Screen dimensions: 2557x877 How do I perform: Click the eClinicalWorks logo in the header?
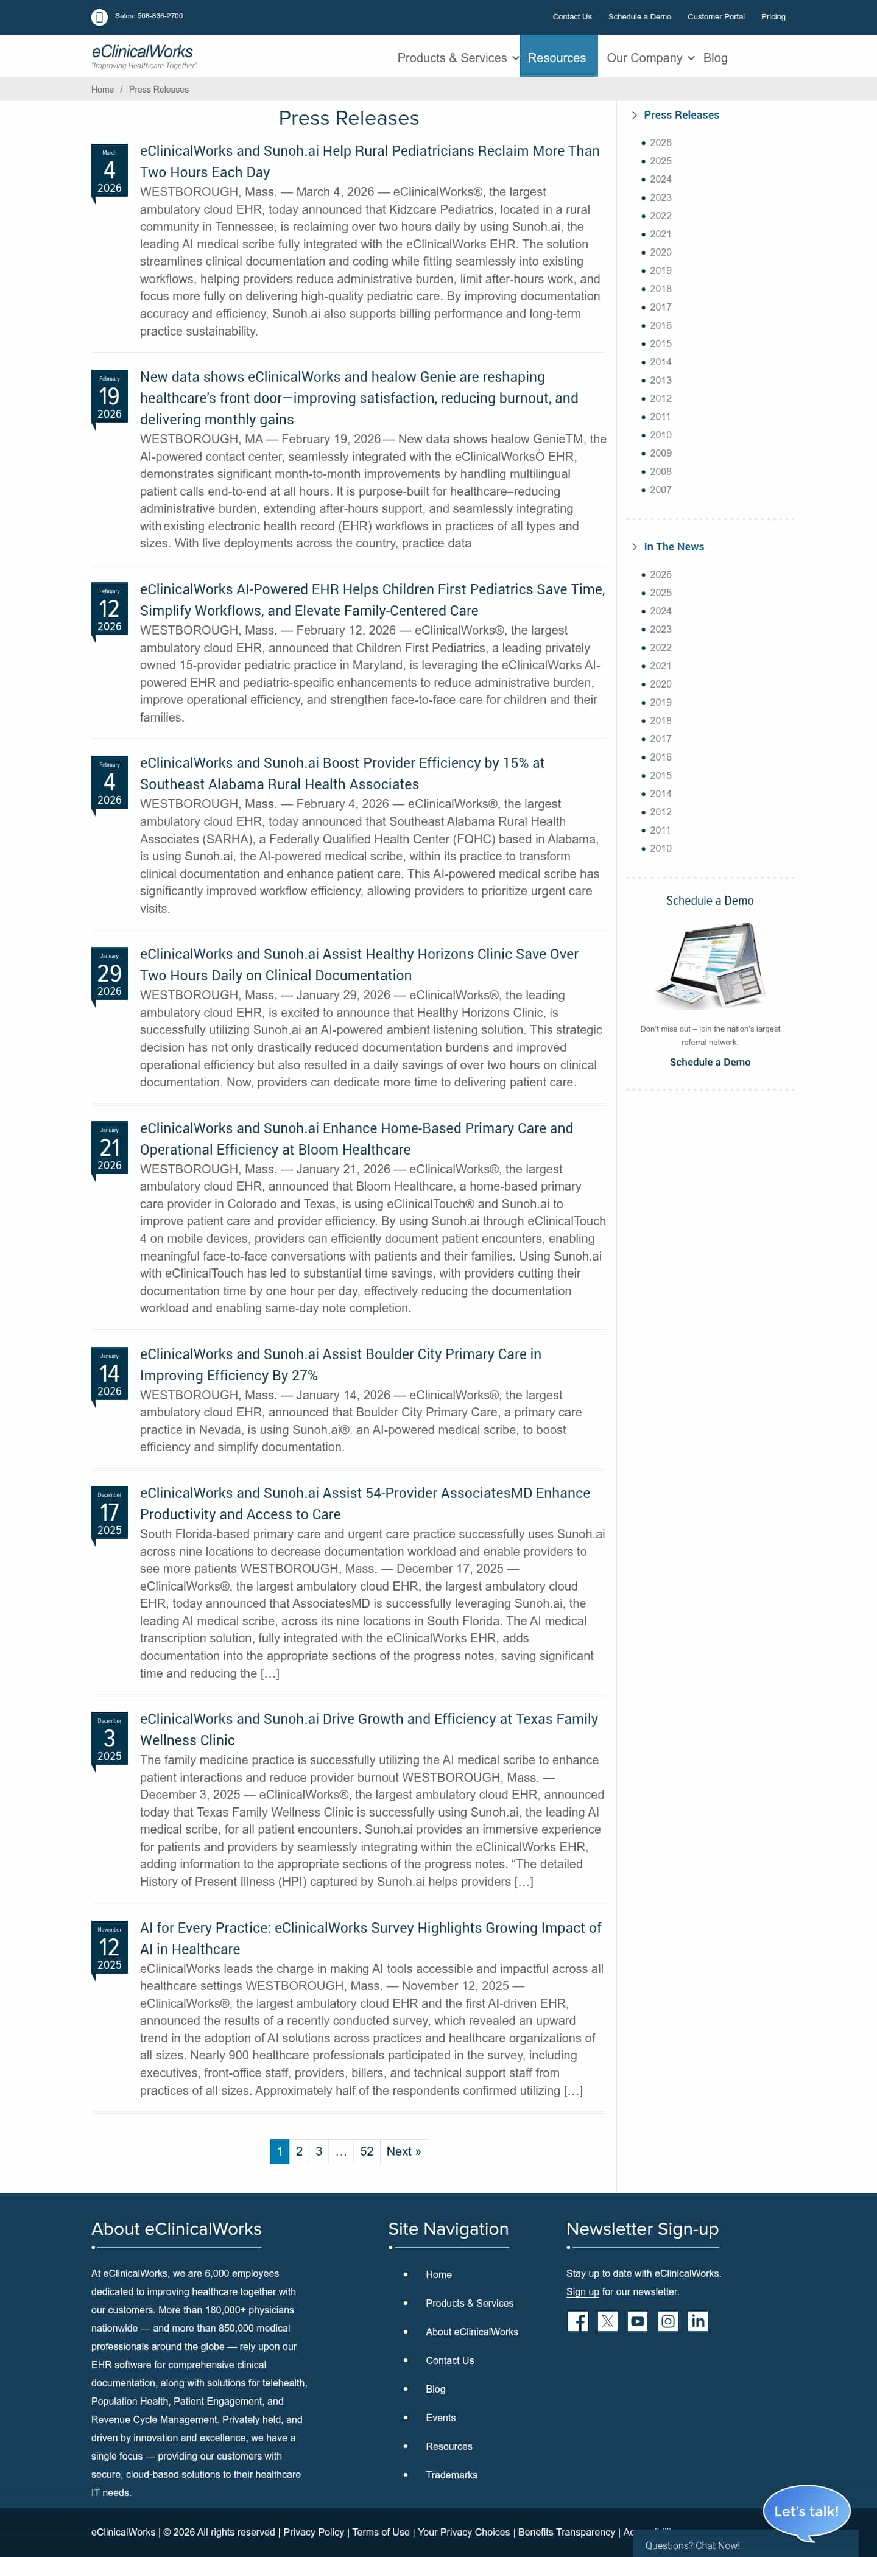[143, 55]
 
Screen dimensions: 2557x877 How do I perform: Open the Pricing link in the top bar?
[773, 17]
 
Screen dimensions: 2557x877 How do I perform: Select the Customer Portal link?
[715, 17]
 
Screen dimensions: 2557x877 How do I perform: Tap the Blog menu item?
[715, 58]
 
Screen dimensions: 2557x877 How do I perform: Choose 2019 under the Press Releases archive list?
[660, 270]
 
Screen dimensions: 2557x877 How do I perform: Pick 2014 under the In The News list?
[660, 793]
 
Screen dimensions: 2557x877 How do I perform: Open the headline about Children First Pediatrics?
[372, 600]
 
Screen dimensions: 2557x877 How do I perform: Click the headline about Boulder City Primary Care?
[340, 1364]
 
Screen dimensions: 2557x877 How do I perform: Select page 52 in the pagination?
[367, 2151]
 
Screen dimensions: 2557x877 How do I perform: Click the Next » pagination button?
[403, 2151]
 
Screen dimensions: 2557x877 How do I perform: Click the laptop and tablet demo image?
[710, 965]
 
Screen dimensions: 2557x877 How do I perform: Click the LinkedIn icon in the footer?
[698, 2321]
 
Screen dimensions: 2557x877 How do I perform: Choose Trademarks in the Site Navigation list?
[452, 2475]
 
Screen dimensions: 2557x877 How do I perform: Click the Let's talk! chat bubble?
[806, 2510]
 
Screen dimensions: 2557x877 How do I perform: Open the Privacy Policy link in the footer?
[314, 2531]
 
